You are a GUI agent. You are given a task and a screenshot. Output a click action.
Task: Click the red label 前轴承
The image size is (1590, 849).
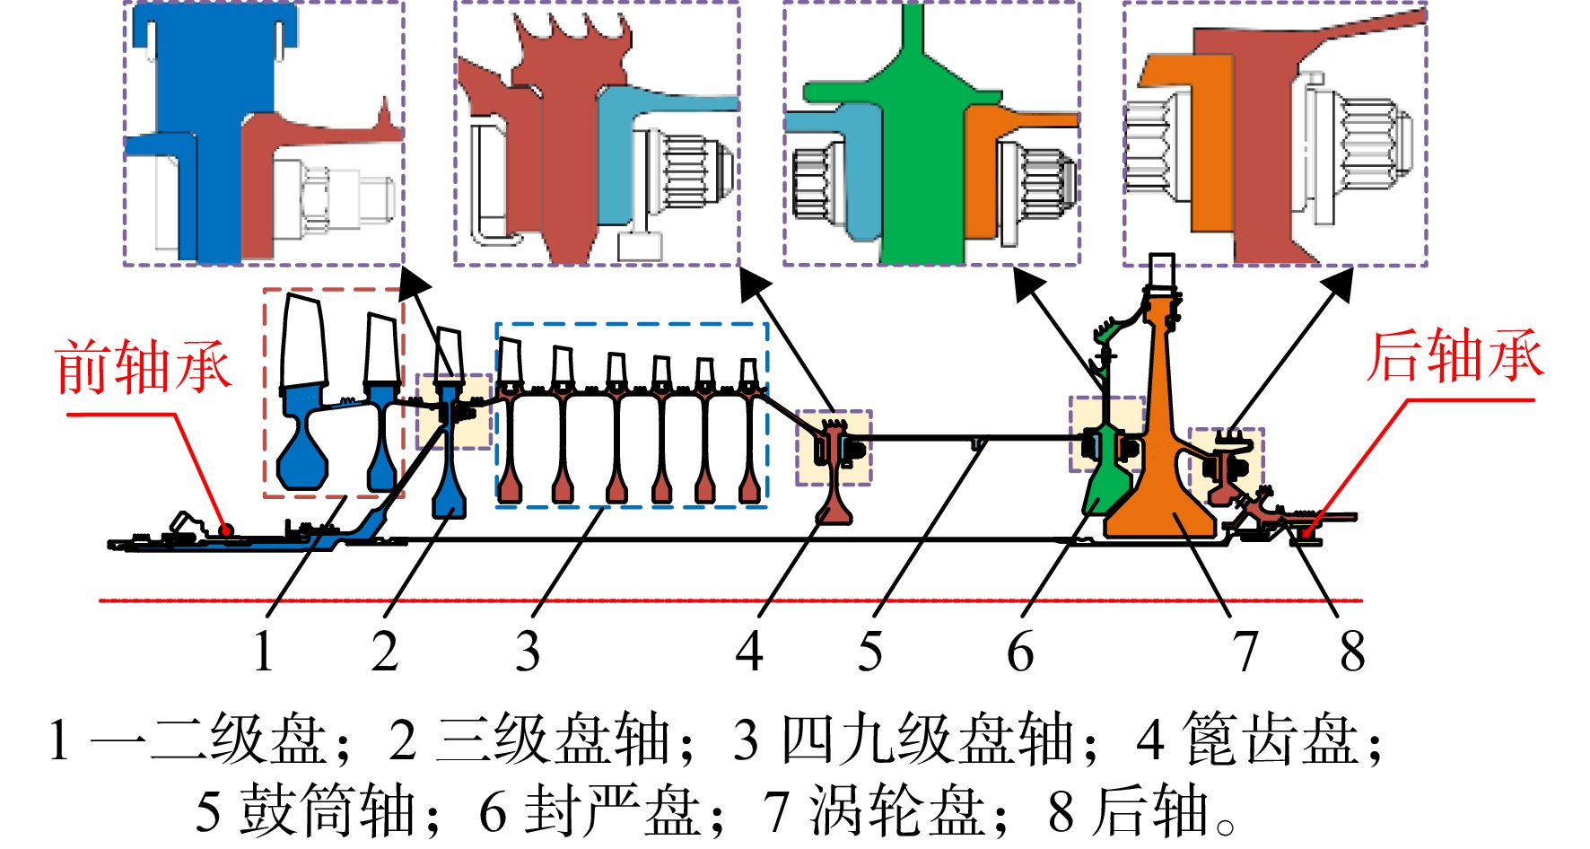tap(144, 367)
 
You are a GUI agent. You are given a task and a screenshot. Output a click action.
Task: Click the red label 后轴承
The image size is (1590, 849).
tap(1455, 355)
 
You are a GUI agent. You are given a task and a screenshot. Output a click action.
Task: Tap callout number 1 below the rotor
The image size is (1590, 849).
tap(263, 651)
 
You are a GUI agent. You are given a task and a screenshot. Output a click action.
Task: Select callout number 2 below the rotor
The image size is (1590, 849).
tap(385, 651)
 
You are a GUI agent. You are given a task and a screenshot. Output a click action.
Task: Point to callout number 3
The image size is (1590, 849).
tap(528, 651)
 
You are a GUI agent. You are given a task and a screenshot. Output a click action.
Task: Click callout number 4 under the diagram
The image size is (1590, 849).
tap(749, 651)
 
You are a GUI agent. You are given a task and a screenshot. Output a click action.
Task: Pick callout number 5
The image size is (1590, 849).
tap(869, 651)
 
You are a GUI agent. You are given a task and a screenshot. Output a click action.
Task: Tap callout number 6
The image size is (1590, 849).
tap(1020, 651)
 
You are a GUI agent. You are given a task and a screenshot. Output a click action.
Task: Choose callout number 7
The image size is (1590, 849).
tap(1245, 651)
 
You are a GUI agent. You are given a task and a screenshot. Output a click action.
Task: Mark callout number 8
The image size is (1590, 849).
tap(1352, 651)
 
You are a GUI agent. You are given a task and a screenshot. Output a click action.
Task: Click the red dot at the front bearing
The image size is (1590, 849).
tap(226, 530)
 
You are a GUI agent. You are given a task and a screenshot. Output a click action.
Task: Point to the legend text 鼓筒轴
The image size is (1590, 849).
tap(327, 810)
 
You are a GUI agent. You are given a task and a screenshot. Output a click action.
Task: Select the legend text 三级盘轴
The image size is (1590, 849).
tap(554, 739)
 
